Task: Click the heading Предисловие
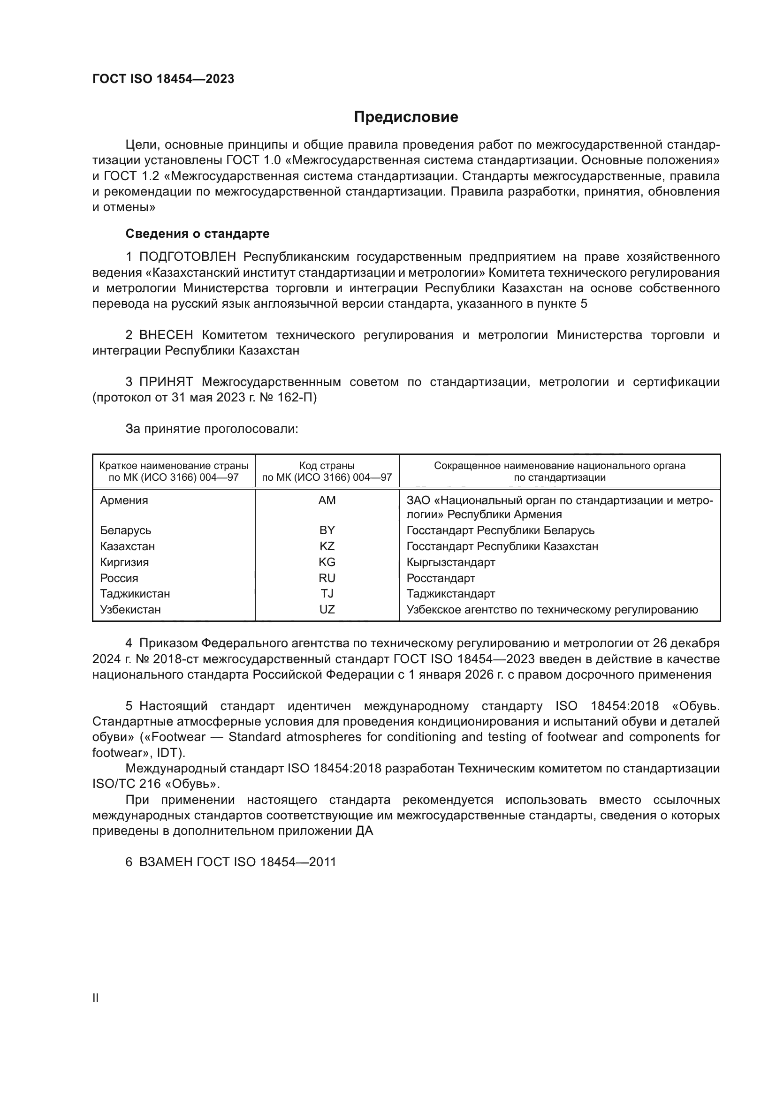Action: click(x=406, y=117)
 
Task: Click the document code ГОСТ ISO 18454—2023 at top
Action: click(x=163, y=79)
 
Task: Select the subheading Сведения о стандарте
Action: click(x=198, y=234)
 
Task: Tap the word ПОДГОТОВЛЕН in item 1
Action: click(x=187, y=257)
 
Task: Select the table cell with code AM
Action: click(x=327, y=500)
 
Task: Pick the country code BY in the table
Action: click(x=327, y=530)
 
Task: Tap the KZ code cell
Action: click(x=327, y=546)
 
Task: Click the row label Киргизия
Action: click(x=124, y=562)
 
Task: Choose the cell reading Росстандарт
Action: click(x=441, y=578)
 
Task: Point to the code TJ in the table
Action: click(x=327, y=594)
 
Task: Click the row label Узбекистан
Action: click(x=130, y=610)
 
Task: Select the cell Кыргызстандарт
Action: click(x=450, y=562)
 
